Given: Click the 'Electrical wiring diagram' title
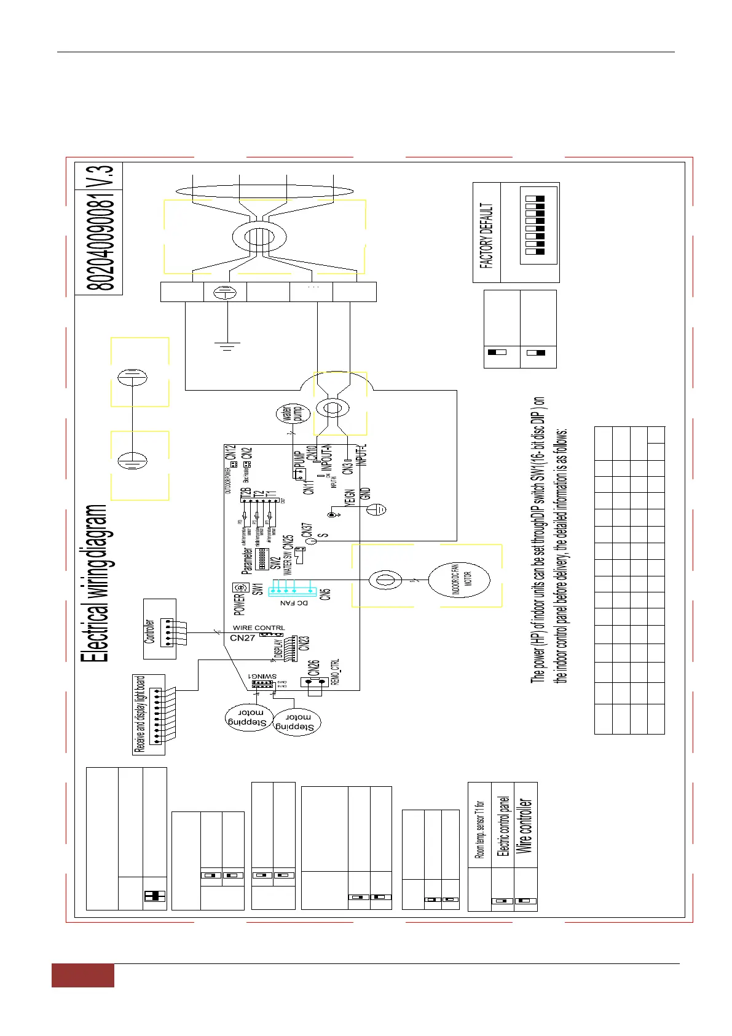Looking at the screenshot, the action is (96, 583).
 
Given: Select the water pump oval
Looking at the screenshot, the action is (293, 413).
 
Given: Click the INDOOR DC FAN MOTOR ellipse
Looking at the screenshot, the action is (458, 580).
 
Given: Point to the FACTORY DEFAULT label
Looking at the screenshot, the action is (486, 235).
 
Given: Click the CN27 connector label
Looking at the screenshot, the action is (242, 638).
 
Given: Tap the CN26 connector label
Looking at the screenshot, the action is (313, 668).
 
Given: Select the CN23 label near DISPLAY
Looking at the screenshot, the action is (304, 643).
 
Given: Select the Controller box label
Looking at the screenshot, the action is (149, 631).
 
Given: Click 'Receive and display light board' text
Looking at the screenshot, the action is (140, 714).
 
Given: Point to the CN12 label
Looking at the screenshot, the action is (231, 453).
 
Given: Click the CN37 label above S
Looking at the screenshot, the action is (307, 530).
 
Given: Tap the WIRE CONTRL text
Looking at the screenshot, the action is (258, 628).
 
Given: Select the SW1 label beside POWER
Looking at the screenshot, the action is (258, 589).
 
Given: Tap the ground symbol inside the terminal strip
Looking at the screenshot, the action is (225, 292).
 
